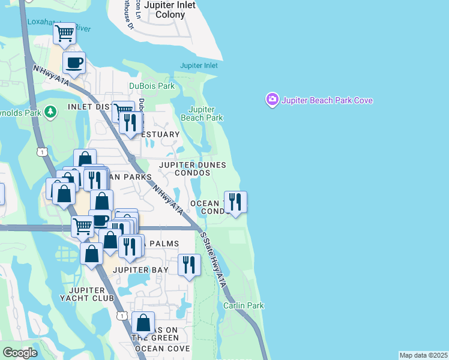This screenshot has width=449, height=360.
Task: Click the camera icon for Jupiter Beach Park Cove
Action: point(272,100)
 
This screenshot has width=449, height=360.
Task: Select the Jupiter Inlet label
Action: point(199,65)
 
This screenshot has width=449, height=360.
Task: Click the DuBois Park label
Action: point(152,86)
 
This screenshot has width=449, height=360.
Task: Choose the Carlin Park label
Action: point(244,305)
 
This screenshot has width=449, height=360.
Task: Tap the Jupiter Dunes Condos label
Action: point(193,169)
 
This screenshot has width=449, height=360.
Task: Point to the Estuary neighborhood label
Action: point(160,134)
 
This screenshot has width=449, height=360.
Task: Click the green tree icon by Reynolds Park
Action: point(52,111)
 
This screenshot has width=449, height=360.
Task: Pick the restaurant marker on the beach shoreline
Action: point(235,201)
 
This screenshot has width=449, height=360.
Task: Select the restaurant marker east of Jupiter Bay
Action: point(189,264)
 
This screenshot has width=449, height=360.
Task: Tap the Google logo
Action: point(20,353)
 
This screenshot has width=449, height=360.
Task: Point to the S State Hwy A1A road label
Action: point(215,260)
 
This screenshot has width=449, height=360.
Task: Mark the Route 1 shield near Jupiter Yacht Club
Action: point(123,316)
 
